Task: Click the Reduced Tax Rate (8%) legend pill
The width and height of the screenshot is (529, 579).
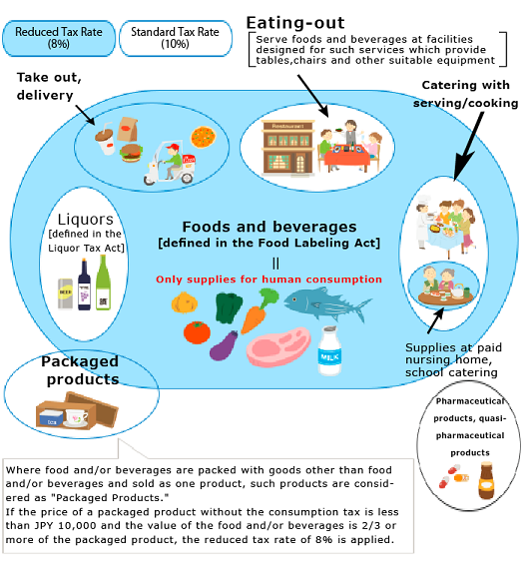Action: (59, 38)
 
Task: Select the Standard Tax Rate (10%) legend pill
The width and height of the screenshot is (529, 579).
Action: (176, 38)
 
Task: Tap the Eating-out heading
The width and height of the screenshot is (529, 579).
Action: (295, 23)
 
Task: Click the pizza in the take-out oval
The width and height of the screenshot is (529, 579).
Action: (204, 137)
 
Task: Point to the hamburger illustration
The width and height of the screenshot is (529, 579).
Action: (131, 153)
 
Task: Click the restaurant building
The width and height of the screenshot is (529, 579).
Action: (287, 148)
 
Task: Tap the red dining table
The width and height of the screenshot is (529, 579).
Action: (346, 157)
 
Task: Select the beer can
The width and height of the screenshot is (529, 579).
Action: (65, 293)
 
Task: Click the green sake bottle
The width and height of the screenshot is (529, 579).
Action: (103, 283)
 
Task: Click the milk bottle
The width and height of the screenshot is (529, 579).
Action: (329, 350)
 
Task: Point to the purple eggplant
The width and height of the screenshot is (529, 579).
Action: (224, 345)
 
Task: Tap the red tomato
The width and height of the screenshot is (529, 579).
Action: (197, 332)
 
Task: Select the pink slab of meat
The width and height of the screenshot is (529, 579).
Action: (277, 346)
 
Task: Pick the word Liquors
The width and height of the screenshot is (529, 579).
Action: (85, 220)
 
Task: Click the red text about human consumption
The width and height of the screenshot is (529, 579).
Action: (268, 280)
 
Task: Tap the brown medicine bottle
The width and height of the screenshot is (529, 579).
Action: (486, 480)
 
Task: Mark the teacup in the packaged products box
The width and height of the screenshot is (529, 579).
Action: (77, 418)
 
